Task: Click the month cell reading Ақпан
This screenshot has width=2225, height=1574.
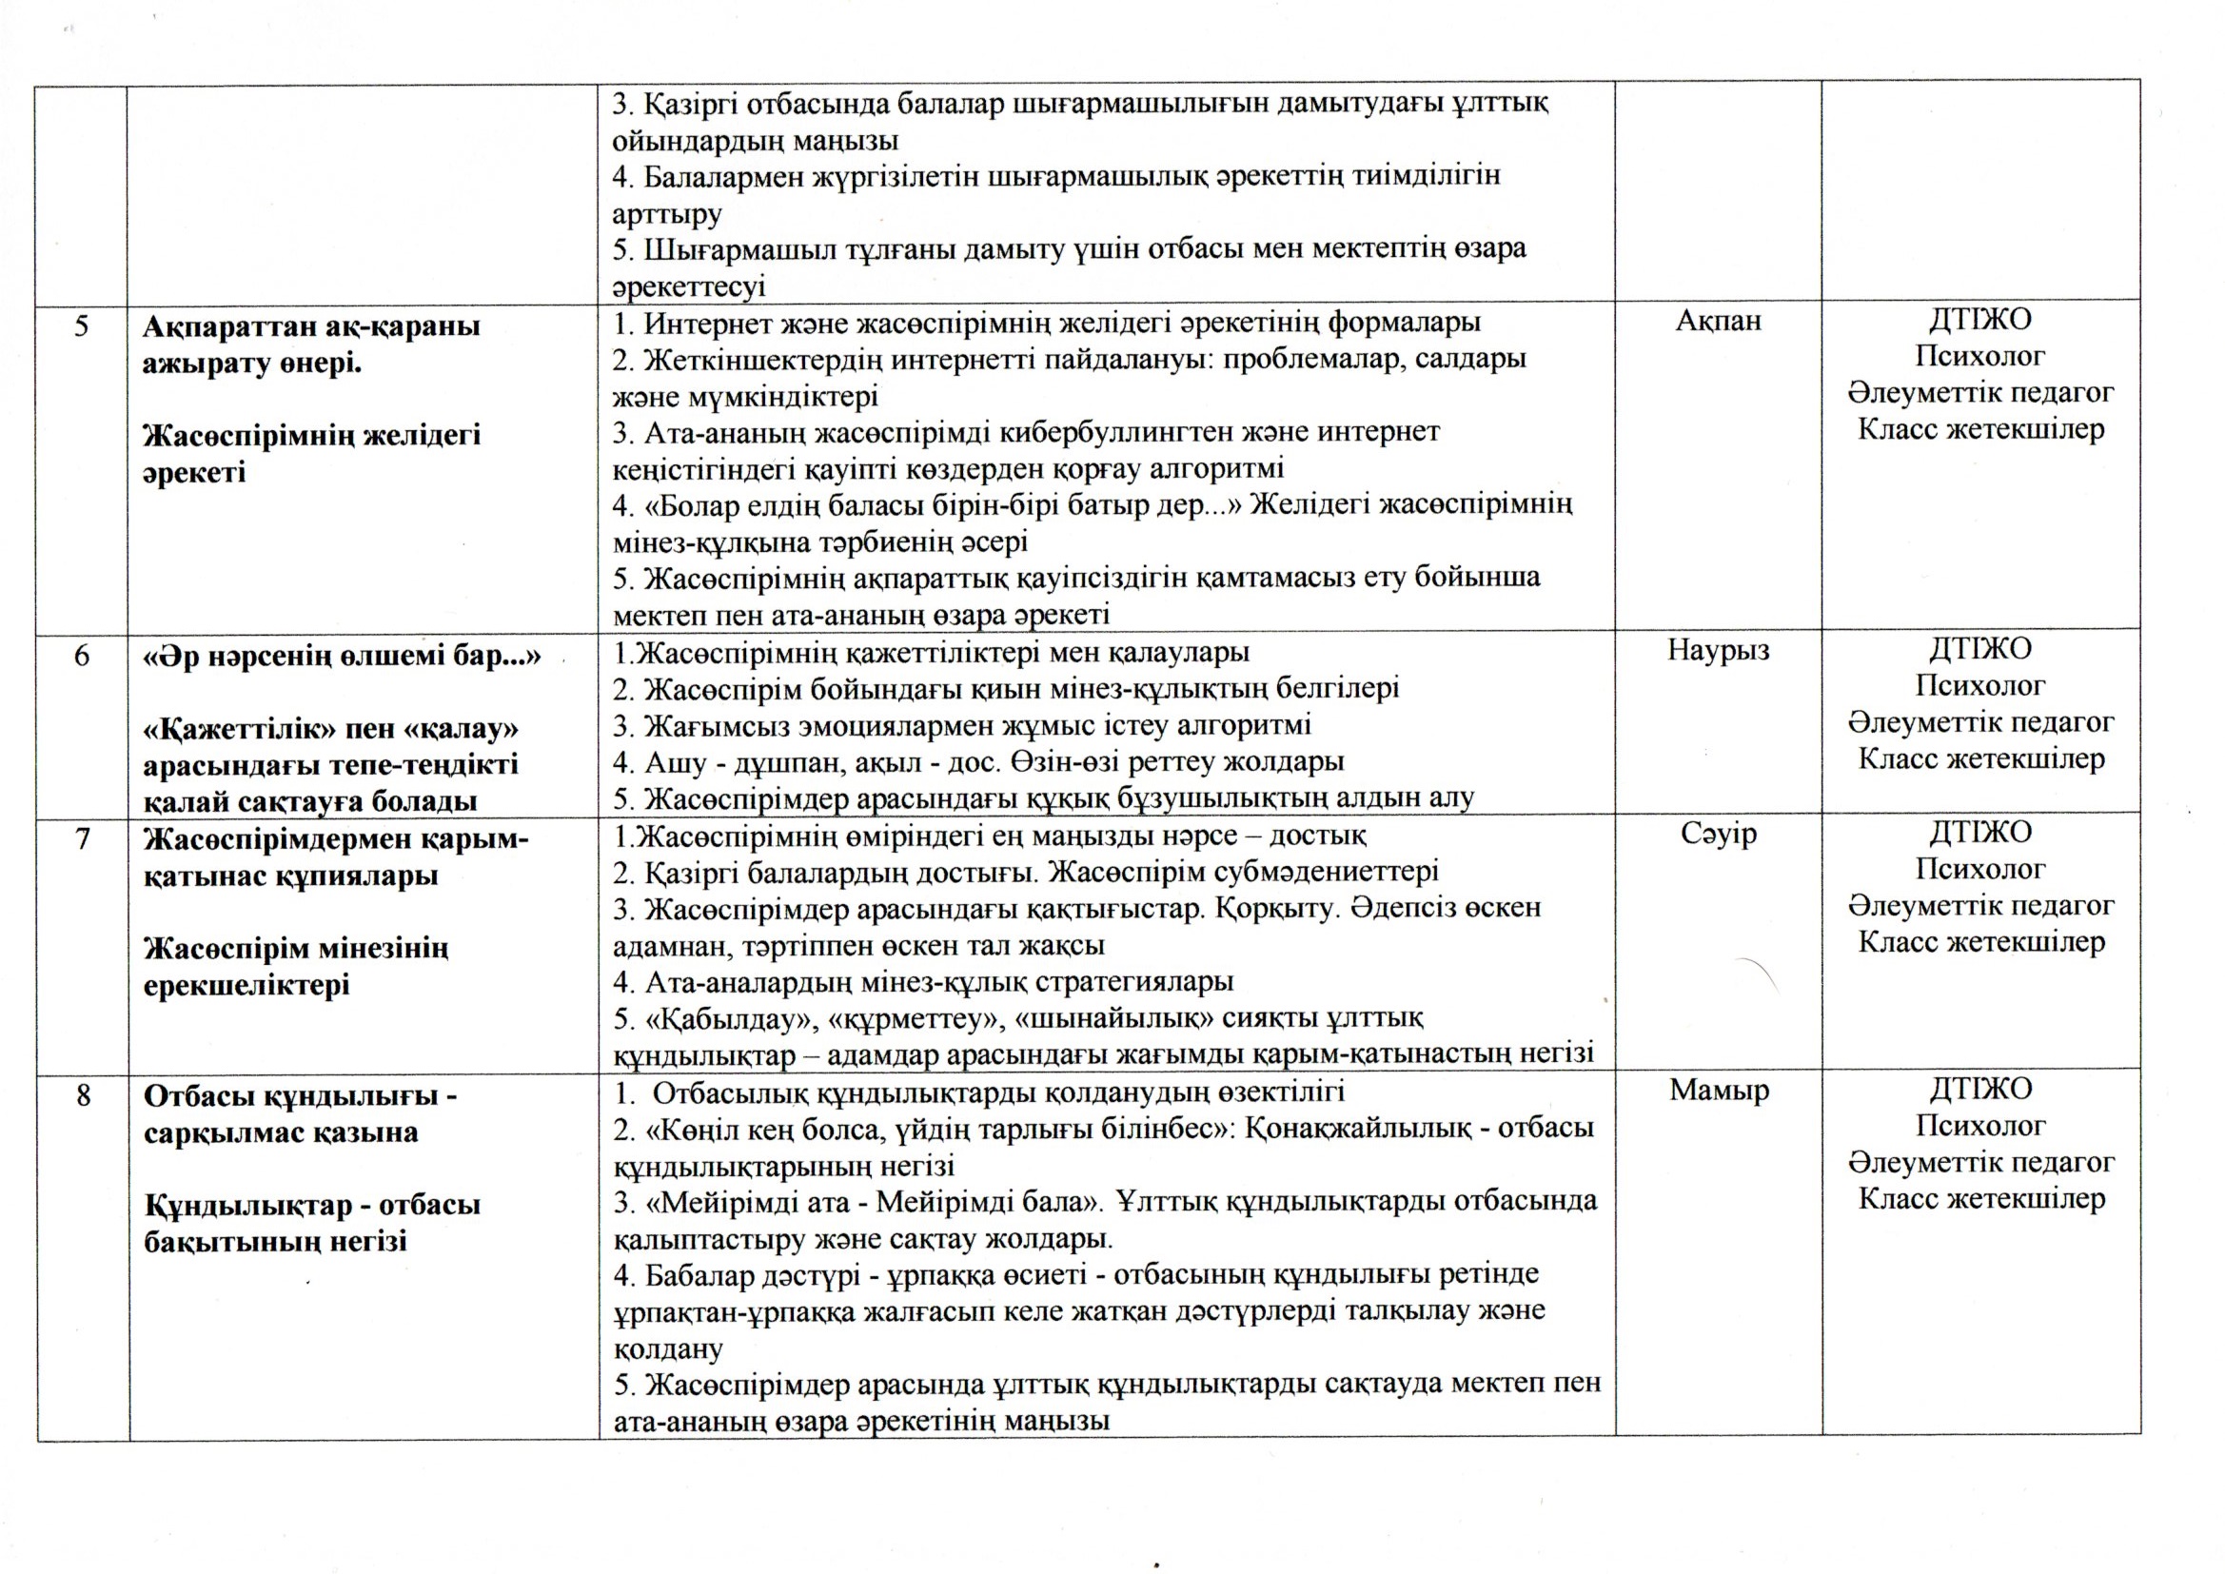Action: tap(1717, 321)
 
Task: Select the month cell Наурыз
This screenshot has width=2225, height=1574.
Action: tap(1717, 649)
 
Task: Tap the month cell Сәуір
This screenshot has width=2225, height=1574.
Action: tap(1718, 834)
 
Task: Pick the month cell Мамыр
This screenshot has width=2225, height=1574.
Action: tap(1718, 1091)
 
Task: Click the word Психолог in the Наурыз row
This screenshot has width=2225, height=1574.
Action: tap(1979, 685)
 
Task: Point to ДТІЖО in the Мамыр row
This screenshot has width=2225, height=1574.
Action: tap(1979, 1090)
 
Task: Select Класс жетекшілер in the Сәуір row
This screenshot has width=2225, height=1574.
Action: tap(1980, 942)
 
